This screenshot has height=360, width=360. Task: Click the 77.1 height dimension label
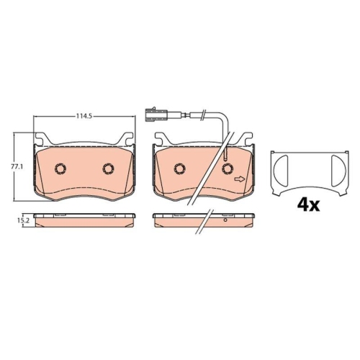pos(17,166)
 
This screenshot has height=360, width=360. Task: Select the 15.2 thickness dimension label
pos(25,220)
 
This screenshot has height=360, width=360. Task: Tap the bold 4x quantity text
pos(308,205)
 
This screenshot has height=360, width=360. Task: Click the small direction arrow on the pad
pos(240,179)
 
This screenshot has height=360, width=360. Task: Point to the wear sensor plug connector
pos(157,115)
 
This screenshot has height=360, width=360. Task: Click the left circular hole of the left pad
pos(60,168)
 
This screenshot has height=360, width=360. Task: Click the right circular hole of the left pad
pos(108,168)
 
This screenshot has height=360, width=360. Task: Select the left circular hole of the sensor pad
pos(180,168)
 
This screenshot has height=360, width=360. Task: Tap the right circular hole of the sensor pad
pos(228,168)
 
